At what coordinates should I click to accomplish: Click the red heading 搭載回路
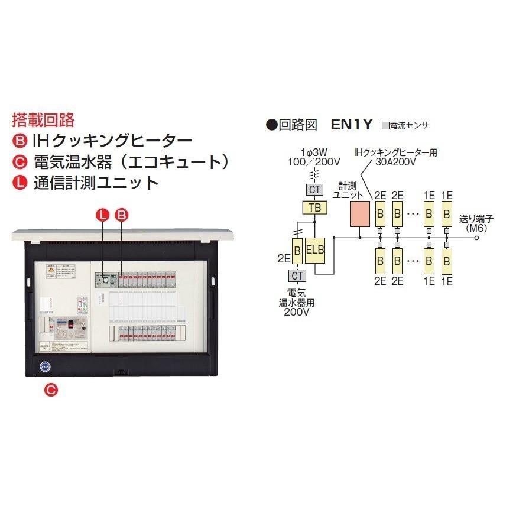click(43, 120)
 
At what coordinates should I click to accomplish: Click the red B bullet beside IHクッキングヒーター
click(18, 141)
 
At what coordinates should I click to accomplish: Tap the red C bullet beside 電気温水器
click(18, 161)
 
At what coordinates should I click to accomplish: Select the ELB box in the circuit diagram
click(315, 250)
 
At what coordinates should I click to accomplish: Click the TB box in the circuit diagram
click(314, 207)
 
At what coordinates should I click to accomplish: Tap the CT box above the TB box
click(314, 190)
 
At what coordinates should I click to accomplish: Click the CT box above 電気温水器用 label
click(297, 275)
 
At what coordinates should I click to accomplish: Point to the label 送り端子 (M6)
click(476, 223)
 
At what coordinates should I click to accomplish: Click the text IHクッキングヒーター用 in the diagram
click(395, 152)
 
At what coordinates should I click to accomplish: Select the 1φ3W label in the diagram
click(313, 152)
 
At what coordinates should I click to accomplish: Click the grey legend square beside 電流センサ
click(385, 125)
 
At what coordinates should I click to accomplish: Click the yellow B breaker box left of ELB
click(297, 250)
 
